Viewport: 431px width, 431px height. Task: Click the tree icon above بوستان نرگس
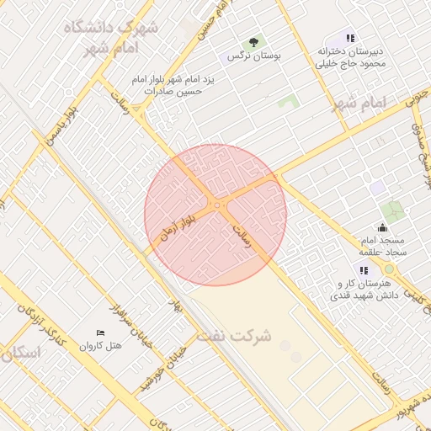click(x=253, y=42)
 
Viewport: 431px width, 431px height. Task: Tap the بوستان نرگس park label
click(x=253, y=56)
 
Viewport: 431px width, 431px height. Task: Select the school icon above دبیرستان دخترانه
click(x=350, y=38)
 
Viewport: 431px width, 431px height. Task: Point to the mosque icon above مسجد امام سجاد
click(x=383, y=226)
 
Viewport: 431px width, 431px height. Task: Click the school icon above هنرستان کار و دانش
click(x=364, y=270)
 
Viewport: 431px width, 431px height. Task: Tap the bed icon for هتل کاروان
click(x=101, y=333)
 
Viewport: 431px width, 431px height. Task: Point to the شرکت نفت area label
click(x=235, y=336)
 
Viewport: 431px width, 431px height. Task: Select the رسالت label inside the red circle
click(x=242, y=236)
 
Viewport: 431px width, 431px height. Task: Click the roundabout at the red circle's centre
click(x=216, y=205)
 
